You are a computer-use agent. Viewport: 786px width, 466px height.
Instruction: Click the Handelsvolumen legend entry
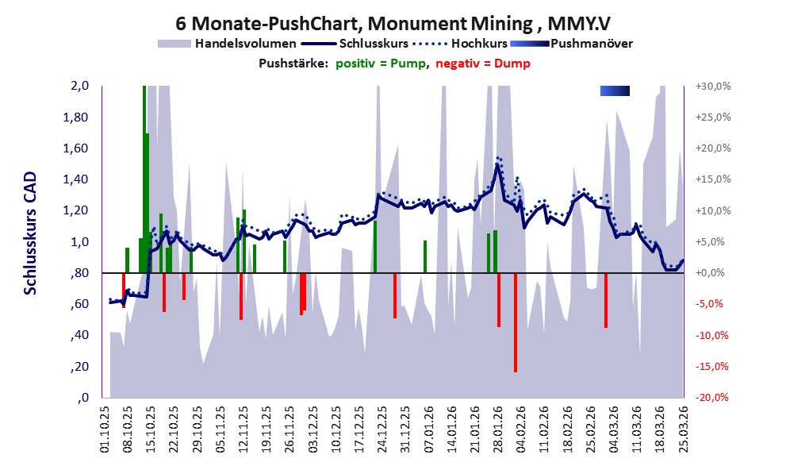pyautogui.click(x=246, y=43)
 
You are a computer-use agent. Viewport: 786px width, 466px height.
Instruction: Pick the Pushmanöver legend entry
pyautogui.click(x=591, y=43)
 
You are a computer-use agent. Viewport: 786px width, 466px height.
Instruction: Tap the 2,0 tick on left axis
pyautogui.click(x=79, y=86)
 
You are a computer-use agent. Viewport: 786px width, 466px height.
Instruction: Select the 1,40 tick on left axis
pyautogui.click(x=76, y=179)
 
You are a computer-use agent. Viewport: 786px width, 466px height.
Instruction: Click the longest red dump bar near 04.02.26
pyautogui.click(x=516, y=322)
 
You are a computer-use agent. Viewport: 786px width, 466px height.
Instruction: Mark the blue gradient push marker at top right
pyautogui.click(x=615, y=91)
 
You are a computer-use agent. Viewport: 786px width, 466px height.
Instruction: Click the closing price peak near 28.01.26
pyautogui.click(x=497, y=165)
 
